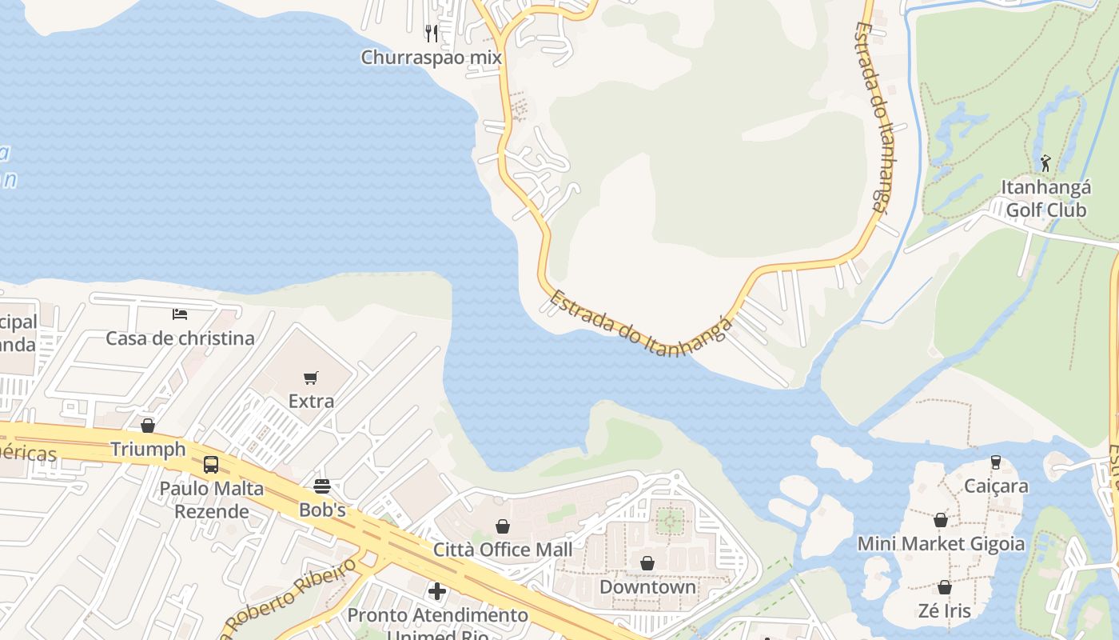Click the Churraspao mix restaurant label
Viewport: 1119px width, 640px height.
pyautogui.click(x=431, y=58)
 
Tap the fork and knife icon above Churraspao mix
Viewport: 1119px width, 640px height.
pyautogui.click(x=432, y=33)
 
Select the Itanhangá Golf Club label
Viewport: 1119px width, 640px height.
pyautogui.click(x=1045, y=198)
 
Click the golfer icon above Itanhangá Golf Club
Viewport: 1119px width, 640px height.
pyautogui.click(x=1045, y=163)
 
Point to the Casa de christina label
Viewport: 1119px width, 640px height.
pyautogui.click(x=180, y=338)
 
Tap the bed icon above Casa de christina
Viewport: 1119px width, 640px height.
pyautogui.click(x=180, y=313)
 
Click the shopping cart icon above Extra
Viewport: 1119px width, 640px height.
pyautogui.click(x=311, y=378)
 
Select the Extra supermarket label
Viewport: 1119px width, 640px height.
pyautogui.click(x=311, y=401)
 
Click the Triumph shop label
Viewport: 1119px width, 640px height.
pyautogui.click(x=148, y=449)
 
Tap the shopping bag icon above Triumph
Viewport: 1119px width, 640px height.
pyautogui.click(x=148, y=426)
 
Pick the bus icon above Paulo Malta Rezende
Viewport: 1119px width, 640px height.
pyautogui.click(x=211, y=464)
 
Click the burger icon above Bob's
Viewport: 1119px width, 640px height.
pyautogui.click(x=322, y=486)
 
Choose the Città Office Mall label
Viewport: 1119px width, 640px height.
pyautogui.click(x=503, y=550)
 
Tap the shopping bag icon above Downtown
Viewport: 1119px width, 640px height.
pyautogui.click(x=647, y=563)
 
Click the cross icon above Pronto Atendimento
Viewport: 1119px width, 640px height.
pyautogui.click(x=437, y=591)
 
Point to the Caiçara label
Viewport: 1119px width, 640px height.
pyautogui.click(x=996, y=486)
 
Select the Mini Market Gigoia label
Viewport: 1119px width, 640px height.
pyautogui.click(x=941, y=544)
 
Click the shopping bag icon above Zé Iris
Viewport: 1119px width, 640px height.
pyautogui.click(x=944, y=588)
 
